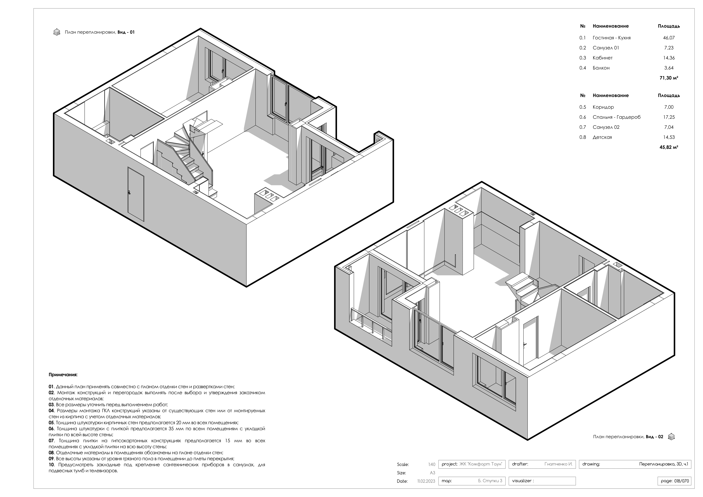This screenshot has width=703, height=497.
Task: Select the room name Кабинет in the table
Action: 602,58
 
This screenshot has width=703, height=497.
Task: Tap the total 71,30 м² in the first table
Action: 669,78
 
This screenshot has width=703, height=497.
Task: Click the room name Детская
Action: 602,137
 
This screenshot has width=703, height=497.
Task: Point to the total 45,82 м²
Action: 669,147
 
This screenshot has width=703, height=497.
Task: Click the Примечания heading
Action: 63,375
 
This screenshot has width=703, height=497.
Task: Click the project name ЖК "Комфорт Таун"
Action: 481,464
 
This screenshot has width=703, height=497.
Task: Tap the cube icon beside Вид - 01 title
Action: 57,32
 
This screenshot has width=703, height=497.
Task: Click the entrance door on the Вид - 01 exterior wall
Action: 136,194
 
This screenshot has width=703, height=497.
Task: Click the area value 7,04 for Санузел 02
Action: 669,127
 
